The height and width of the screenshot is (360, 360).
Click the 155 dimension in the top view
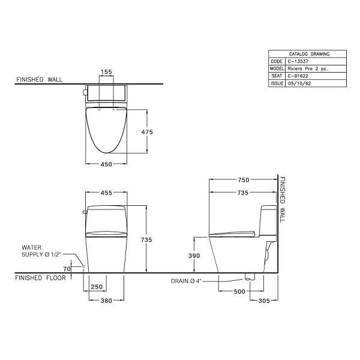click(106, 72)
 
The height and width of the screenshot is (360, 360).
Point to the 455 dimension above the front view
click(106, 193)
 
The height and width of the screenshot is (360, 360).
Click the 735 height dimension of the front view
click(154, 239)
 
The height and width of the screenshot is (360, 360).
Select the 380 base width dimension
click(106, 301)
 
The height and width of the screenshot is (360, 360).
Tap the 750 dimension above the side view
click(243, 180)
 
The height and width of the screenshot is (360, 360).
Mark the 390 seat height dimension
click(194, 255)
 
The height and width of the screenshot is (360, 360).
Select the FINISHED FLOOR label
click(38, 278)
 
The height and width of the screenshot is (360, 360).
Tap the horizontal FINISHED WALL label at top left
click(39, 79)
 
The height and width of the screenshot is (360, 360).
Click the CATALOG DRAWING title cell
click(307, 54)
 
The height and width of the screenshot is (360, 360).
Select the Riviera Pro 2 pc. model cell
click(307, 69)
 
